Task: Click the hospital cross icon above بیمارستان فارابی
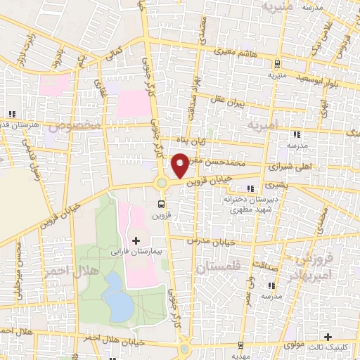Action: pyautogui.click(x=136, y=240)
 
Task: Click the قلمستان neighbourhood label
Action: pyautogui.click(x=218, y=268)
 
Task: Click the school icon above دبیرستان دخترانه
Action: pyautogui.click(x=251, y=188)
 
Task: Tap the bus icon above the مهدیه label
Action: pyautogui.click(x=241, y=345)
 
